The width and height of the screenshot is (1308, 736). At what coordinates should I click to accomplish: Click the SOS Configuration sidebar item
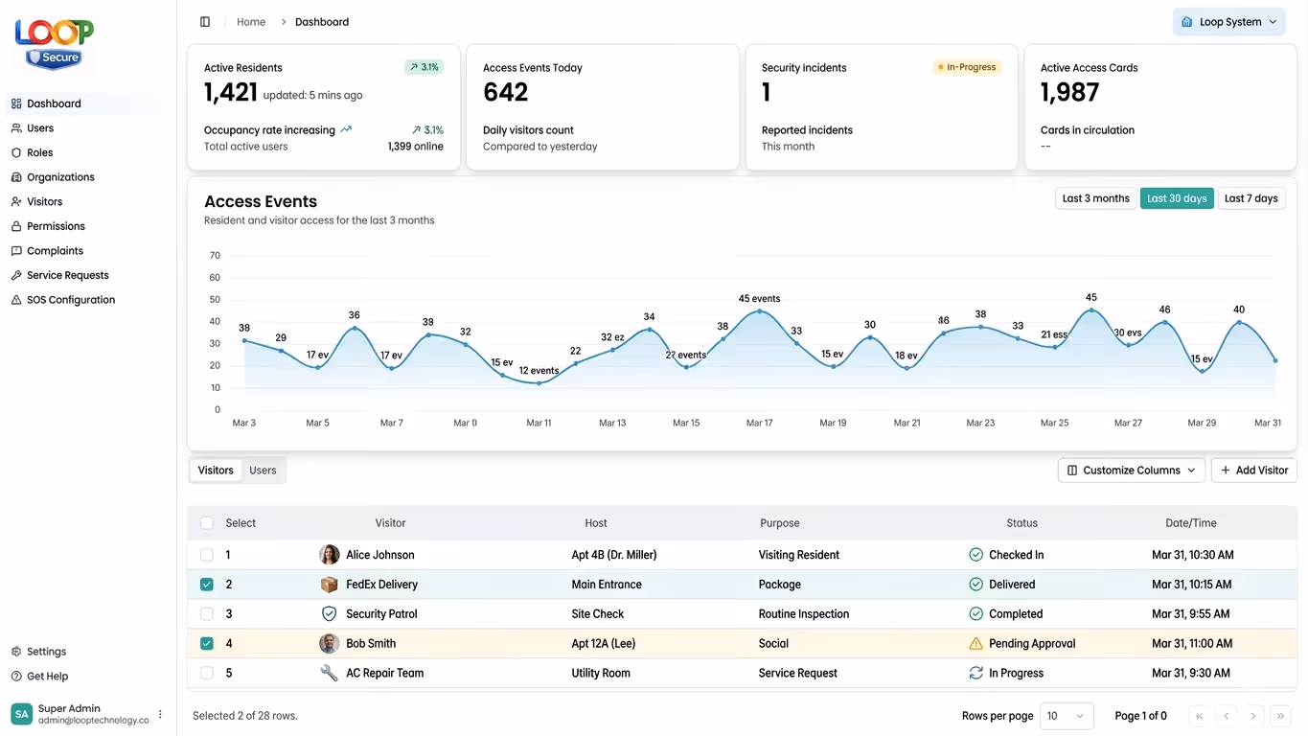click(x=70, y=300)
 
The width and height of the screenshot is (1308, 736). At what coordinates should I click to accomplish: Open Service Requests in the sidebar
click(x=67, y=275)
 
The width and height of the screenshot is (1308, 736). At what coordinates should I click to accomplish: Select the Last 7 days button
click(x=1251, y=198)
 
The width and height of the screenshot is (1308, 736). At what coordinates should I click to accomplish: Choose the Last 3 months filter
click(x=1095, y=198)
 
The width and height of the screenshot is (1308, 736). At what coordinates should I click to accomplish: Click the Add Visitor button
click(x=1253, y=471)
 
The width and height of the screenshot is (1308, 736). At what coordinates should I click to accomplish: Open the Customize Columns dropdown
click(x=1131, y=471)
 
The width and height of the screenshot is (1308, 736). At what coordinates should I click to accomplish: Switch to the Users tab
click(x=263, y=471)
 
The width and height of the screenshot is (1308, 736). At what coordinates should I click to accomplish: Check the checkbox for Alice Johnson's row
click(x=207, y=555)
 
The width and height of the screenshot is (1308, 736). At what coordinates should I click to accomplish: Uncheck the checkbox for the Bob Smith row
click(x=207, y=644)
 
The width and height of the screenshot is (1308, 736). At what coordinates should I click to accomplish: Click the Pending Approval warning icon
click(x=975, y=644)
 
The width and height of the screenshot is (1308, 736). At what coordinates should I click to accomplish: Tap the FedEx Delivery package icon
click(x=329, y=585)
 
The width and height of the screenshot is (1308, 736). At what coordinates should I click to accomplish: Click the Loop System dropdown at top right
click(x=1228, y=22)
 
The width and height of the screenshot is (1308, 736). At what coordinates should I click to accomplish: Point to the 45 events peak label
click(x=759, y=299)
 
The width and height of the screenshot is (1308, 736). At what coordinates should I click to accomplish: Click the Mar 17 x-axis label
click(x=759, y=423)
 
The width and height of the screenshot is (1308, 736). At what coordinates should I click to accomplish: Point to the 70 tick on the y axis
click(x=215, y=256)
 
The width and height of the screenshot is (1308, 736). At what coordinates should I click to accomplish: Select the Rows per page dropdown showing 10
click(x=1066, y=716)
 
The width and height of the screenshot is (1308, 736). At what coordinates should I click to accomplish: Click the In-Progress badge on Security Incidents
click(x=966, y=68)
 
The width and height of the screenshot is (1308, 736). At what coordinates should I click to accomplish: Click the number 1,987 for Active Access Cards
click(x=1069, y=93)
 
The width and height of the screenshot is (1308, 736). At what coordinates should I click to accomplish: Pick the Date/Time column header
click(x=1190, y=523)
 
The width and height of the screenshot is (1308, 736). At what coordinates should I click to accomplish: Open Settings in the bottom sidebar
click(x=46, y=652)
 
